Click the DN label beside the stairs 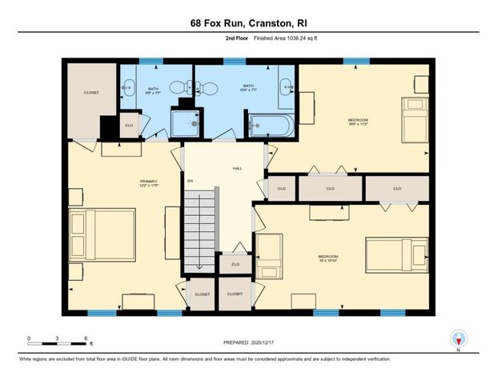point(190,182)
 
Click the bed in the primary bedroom point(102,234)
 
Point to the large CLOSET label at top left point(91,93)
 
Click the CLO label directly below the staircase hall point(235,264)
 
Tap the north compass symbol point(459,338)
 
